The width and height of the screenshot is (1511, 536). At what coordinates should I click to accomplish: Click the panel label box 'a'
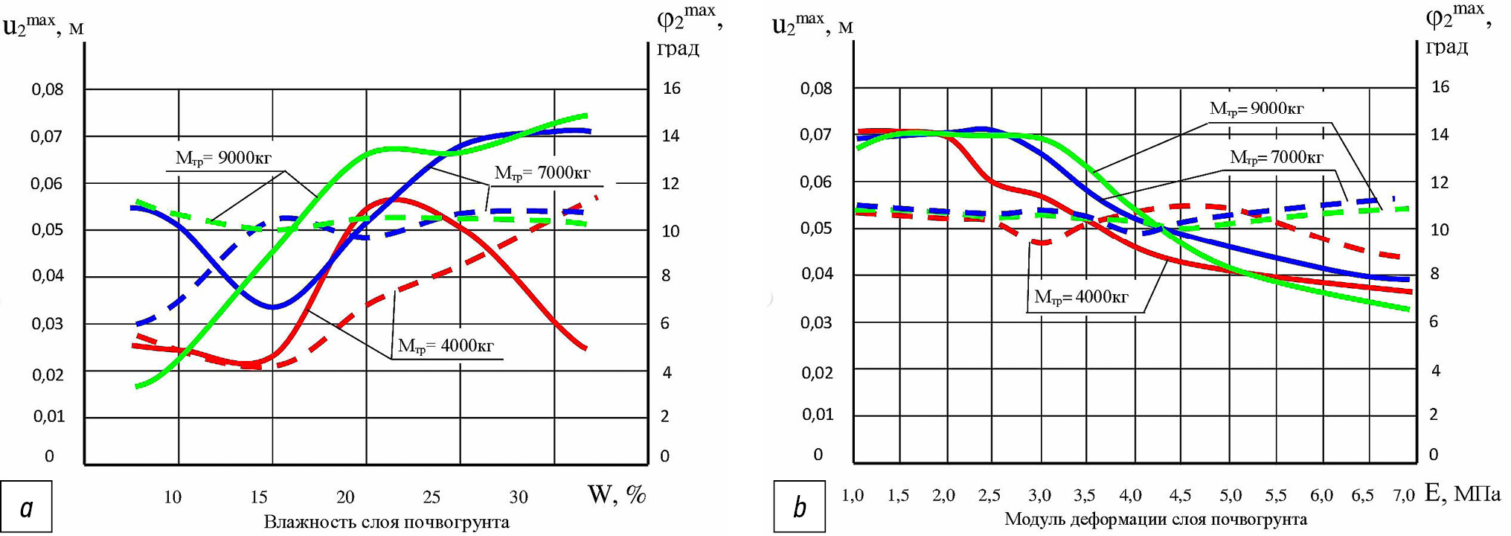(x=27, y=507)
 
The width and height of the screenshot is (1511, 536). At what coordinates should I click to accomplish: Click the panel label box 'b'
(x=799, y=507)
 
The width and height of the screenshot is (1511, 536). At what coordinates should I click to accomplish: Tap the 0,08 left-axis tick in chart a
(x=48, y=90)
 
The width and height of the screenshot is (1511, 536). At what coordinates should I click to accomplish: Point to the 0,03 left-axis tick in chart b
(x=816, y=323)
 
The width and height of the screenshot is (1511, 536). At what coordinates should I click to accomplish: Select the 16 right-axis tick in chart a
(x=671, y=89)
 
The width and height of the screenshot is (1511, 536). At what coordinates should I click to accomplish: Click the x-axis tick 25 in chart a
(x=432, y=497)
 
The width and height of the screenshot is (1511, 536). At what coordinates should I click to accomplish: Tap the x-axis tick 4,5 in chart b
(x=1180, y=495)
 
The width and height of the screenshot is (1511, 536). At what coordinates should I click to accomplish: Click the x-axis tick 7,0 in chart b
(x=1404, y=495)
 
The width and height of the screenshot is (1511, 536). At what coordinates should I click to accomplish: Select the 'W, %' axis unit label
(x=617, y=494)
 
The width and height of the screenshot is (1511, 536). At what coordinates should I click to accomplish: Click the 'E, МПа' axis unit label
(x=1462, y=493)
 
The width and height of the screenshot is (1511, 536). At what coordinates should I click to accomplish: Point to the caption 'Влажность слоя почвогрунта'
(x=386, y=522)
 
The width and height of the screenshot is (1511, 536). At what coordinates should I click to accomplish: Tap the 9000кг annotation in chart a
(x=223, y=158)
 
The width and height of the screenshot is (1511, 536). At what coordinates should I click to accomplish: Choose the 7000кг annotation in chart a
(x=542, y=173)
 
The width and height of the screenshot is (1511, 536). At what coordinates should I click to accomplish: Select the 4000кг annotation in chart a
(x=446, y=346)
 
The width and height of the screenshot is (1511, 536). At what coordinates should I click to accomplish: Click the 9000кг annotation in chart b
(x=1257, y=109)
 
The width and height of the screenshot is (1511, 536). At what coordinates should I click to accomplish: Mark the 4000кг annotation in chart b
(x=1081, y=298)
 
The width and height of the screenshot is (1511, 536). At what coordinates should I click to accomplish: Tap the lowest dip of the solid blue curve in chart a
(x=274, y=307)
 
